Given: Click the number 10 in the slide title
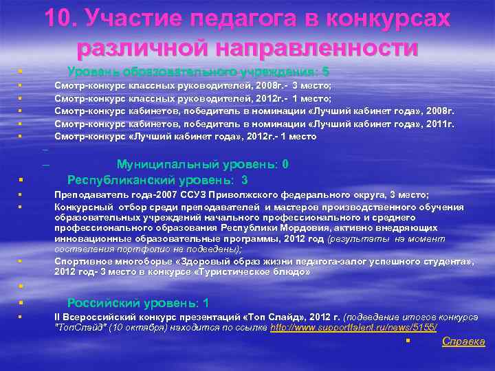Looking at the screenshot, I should click(x=60, y=18).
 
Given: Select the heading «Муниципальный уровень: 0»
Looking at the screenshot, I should click(x=203, y=164).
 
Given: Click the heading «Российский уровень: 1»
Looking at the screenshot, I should click(x=138, y=303).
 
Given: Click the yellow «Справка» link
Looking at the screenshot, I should click(x=464, y=341).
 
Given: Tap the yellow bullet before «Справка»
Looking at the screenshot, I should click(x=408, y=341).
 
